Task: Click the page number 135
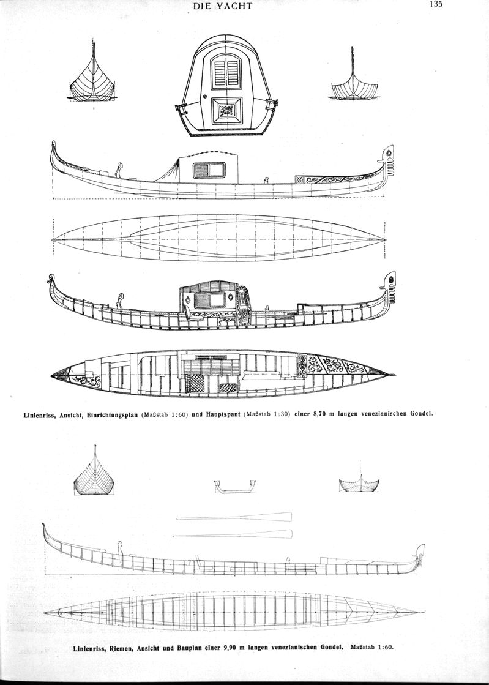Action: coord(436,4)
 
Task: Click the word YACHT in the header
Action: coord(236,6)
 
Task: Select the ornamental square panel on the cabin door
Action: coord(226,111)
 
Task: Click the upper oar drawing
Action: coord(234,517)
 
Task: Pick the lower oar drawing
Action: coord(233,534)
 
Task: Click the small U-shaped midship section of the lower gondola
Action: coord(236,486)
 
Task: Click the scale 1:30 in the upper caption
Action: coord(282,414)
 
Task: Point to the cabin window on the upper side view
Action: coord(209,170)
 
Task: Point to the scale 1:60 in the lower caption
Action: coord(385,648)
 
